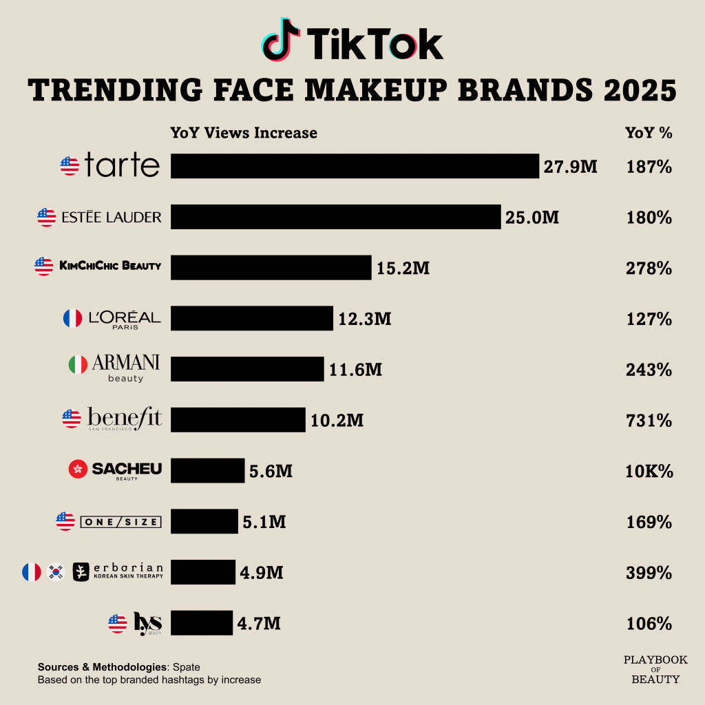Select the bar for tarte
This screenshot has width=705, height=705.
point(355,166)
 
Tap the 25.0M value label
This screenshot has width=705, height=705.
point(532,218)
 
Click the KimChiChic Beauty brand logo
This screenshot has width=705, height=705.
point(110,266)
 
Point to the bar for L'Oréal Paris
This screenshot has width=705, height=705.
point(252,318)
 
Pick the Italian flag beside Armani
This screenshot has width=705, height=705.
point(78,365)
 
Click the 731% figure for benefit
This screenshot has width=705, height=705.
point(649,420)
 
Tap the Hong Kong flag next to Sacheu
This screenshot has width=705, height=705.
point(78,470)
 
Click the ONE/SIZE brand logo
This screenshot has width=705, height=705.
point(121,522)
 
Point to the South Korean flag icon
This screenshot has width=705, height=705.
point(56,571)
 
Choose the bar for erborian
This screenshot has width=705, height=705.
point(203,572)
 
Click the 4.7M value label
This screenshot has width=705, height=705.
point(259,624)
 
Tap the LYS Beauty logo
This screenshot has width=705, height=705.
point(147,624)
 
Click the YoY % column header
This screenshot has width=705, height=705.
point(649,133)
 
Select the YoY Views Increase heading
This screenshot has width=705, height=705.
point(244,133)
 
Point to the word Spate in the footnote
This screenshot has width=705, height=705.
point(187,667)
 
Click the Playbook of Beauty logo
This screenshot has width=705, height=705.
point(655,669)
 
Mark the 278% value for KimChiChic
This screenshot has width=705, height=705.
point(649,268)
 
